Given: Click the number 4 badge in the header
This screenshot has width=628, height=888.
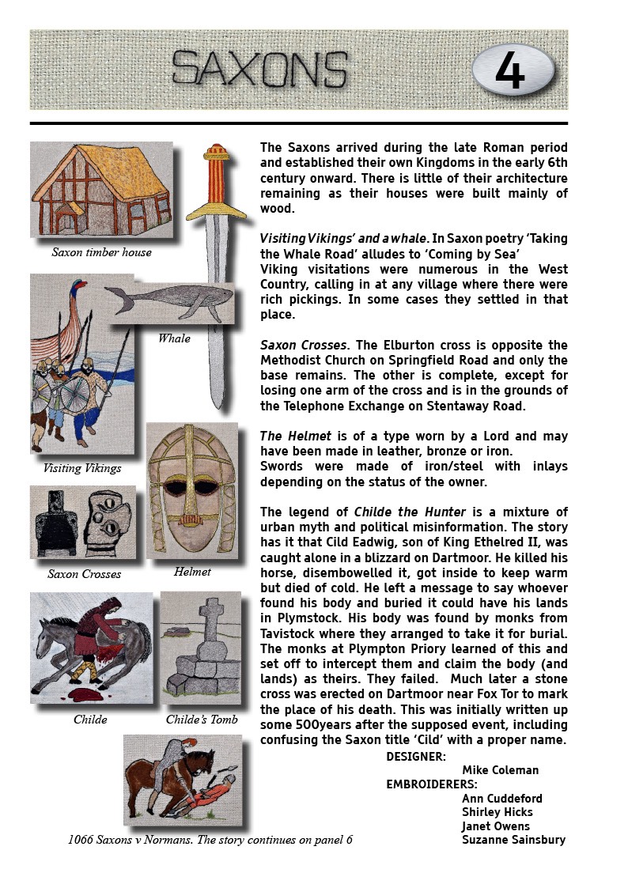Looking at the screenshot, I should (x=511, y=70).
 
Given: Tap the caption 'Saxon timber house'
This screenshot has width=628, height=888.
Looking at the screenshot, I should (x=101, y=252).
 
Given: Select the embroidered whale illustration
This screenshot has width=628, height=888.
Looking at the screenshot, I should (x=169, y=301).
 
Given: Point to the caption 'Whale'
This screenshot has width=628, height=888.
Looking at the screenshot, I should (x=173, y=338).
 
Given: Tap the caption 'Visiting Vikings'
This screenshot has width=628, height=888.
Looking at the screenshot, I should (x=82, y=468).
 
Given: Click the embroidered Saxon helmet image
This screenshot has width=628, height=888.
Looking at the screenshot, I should (x=192, y=490).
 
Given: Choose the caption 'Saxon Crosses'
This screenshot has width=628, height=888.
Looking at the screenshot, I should (x=84, y=574).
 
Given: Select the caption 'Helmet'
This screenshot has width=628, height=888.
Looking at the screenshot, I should (x=192, y=572).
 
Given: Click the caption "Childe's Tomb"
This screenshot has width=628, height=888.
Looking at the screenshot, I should (x=201, y=720).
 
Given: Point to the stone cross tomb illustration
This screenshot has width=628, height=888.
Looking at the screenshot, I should (x=201, y=648).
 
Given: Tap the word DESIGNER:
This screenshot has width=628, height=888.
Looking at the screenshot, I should (x=416, y=757).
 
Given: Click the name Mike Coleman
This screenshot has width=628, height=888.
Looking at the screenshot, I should (x=500, y=770).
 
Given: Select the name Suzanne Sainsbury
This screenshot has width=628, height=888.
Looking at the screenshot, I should (x=513, y=840).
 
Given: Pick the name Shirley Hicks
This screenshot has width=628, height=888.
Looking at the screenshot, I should (x=497, y=812).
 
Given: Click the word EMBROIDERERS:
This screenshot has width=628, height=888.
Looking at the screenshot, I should (x=431, y=784).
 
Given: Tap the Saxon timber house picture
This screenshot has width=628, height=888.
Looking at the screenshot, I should (x=100, y=190).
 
